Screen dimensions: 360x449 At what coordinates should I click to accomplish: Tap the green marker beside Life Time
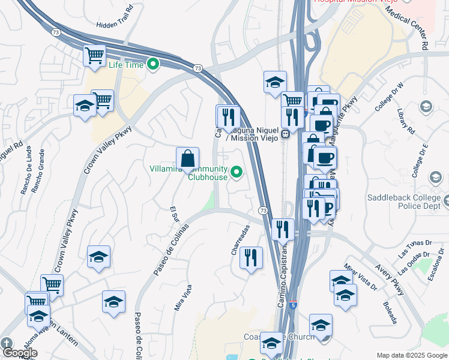[153, 64]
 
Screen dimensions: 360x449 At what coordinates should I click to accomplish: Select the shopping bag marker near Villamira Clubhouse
[188, 159]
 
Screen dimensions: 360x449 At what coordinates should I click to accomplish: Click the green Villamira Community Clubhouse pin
[237, 173]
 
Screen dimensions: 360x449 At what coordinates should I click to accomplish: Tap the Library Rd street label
[406, 122]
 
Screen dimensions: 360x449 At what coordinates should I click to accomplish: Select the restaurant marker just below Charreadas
[251, 259]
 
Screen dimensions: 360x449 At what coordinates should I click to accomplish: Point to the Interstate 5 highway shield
[293, 304]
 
